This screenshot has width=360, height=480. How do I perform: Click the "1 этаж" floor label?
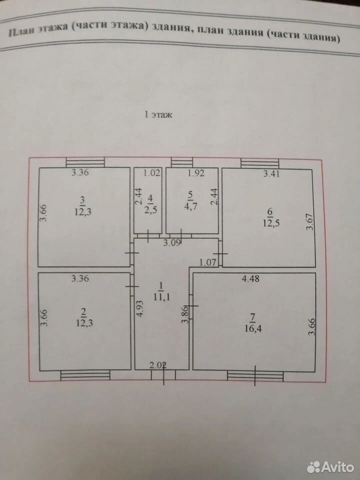pyautogui.click(x=158, y=115)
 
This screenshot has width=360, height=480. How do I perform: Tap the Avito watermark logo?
pyautogui.click(x=330, y=467)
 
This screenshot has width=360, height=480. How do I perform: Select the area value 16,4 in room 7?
pyautogui.click(x=252, y=329)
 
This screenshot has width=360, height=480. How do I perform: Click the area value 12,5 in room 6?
pyautogui.click(x=271, y=223)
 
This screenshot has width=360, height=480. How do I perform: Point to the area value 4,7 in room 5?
pyautogui.click(x=190, y=206)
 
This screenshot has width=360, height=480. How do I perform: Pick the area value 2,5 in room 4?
pyautogui.click(x=150, y=210)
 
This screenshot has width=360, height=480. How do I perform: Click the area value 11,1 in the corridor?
pyautogui.click(x=161, y=296)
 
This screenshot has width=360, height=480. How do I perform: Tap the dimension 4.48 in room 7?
pyautogui.click(x=250, y=278)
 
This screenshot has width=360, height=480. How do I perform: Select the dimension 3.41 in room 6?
pyautogui.click(x=271, y=174)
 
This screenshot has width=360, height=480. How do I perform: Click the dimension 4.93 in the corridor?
pyautogui.click(x=139, y=307)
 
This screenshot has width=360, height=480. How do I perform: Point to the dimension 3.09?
pyautogui.click(x=172, y=243)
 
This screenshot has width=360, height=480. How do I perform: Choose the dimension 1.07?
pyautogui.click(x=208, y=262)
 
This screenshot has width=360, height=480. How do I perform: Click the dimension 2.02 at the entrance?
pyautogui.click(x=158, y=364)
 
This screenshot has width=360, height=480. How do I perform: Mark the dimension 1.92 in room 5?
pyautogui.click(x=196, y=173)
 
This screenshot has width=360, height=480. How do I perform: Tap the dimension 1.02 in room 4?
pyautogui.click(x=152, y=173)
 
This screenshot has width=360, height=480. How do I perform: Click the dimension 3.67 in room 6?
pyautogui.click(x=310, y=222)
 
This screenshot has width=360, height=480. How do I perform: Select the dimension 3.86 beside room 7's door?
pyautogui.click(x=184, y=314)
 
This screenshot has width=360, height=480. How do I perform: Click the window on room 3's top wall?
pyautogui.click(x=85, y=162)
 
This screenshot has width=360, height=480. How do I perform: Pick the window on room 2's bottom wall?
pyautogui.click(x=85, y=375)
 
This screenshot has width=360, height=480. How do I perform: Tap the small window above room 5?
pyautogui.click(x=182, y=162)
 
